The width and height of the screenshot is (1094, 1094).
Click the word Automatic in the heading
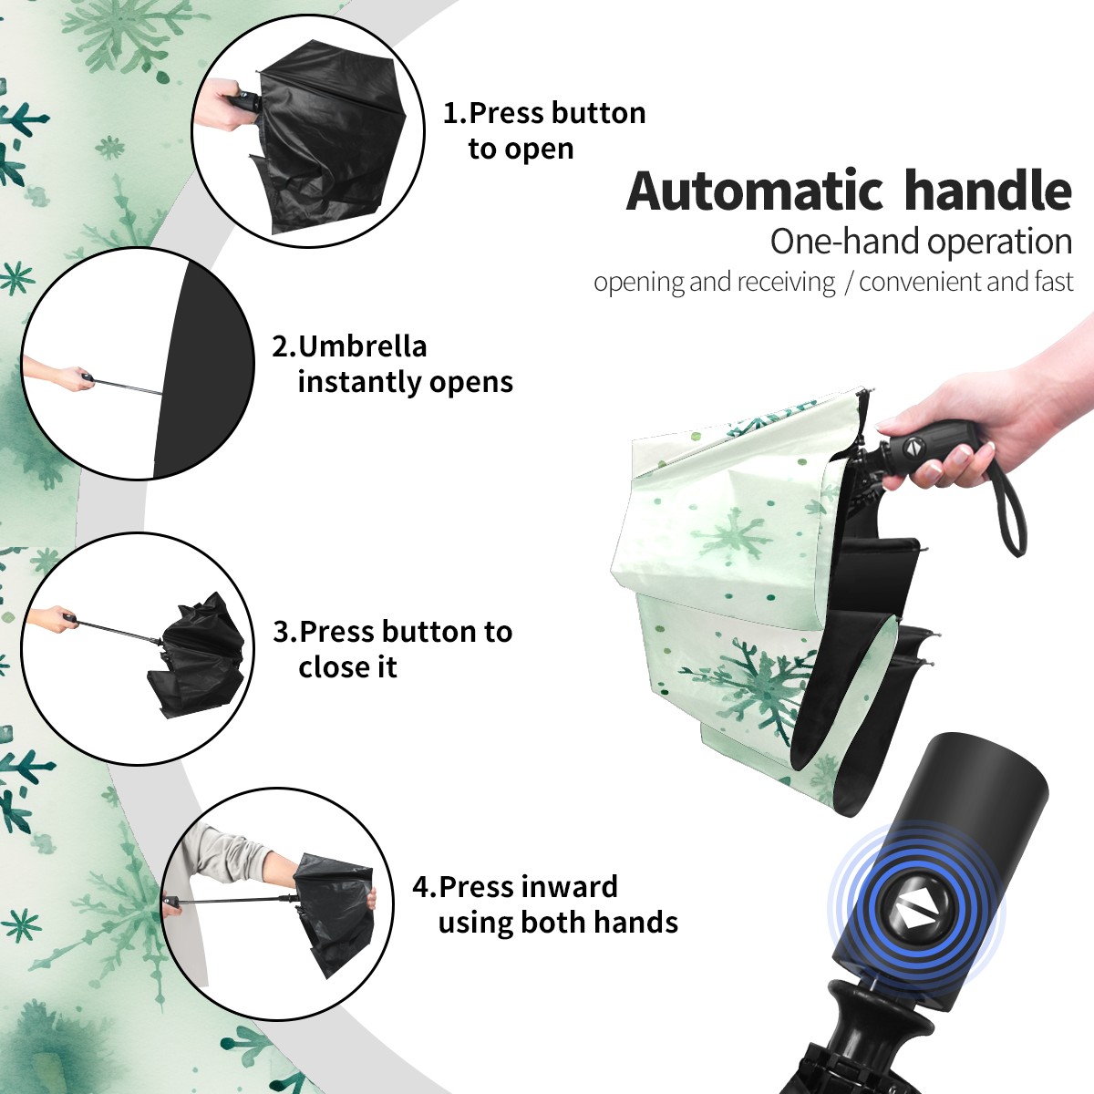click(755, 191)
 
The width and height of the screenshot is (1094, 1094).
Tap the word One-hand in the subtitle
click(845, 242)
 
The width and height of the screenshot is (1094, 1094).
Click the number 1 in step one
click(451, 113)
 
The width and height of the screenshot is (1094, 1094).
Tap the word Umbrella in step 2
click(362, 346)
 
